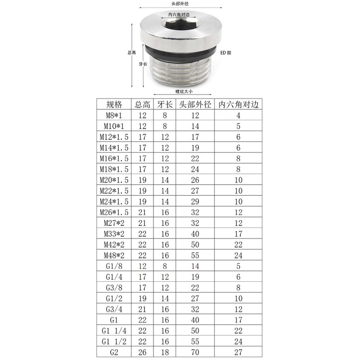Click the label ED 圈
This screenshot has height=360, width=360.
225,53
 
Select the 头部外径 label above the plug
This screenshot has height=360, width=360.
180,4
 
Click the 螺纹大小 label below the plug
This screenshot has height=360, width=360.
184,91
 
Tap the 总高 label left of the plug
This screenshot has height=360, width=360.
131,53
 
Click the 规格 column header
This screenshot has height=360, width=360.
114,104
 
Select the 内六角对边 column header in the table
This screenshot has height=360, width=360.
238,104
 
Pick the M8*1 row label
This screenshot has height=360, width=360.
114,115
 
